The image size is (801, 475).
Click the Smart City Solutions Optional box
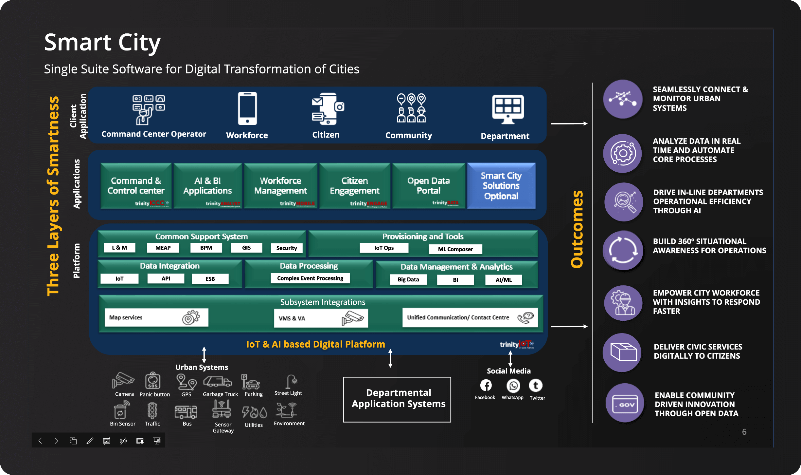pyautogui.click(x=501, y=186)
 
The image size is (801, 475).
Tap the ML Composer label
pyautogui.click(x=455, y=249)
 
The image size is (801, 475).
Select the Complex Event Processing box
pyautogui.click(x=310, y=278)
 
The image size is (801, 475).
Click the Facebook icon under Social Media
pyautogui.click(x=486, y=385)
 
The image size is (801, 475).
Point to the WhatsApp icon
pyautogui.click(x=513, y=386)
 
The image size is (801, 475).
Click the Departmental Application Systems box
pyautogui.click(x=397, y=399)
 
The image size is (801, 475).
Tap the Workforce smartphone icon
pyautogui.click(x=247, y=109)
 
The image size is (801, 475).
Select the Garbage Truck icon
pyautogui.click(x=218, y=382)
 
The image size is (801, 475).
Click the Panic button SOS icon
pyautogui.click(x=153, y=381)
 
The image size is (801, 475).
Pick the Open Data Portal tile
pyautogui.click(x=428, y=186)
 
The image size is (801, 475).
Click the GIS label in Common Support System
pyautogui.click(x=246, y=248)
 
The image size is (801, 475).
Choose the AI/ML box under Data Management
pyautogui.click(x=504, y=280)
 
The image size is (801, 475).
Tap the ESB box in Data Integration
pyautogui.click(x=210, y=279)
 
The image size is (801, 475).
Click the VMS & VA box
pyautogui.click(x=321, y=318)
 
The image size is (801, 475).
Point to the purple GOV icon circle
pyautogui.click(x=625, y=403)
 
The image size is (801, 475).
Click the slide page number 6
pyautogui.click(x=744, y=432)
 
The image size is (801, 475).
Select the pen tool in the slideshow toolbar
pyautogui.click(x=90, y=441)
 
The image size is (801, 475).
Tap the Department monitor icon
pyautogui.click(x=508, y=109)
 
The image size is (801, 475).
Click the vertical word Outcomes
pyautogui.click(x=577, y=229)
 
